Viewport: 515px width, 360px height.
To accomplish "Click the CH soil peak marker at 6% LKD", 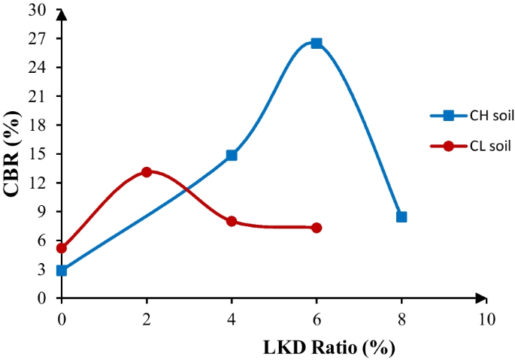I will pos(317,44).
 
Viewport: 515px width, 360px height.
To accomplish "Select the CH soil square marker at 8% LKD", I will pos(401,217).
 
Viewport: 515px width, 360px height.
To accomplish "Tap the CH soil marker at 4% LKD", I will pos(232,156).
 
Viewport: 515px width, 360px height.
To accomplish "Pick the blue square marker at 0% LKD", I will pos(62,271).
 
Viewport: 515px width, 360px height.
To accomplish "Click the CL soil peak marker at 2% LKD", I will pos(147,172).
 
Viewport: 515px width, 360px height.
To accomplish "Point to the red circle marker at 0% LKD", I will pos(62,248).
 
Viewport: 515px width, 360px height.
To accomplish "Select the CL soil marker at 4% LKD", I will pos(232,222).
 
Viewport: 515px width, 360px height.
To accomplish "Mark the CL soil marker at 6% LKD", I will pos(317,228).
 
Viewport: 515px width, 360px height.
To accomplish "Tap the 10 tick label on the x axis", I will pos(486,318).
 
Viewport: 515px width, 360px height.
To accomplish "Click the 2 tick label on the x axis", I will pos(147,318).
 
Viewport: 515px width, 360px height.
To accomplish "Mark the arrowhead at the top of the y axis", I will pos(61,14).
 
